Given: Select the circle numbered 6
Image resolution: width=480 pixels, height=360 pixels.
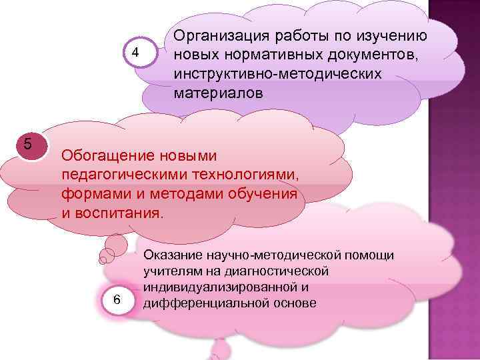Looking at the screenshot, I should click(117, 300).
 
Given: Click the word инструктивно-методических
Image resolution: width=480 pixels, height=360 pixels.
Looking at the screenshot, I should click(278, 73).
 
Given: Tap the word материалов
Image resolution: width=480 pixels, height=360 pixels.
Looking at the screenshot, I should click(219, 93).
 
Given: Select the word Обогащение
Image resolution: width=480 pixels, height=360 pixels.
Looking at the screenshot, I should click(107, 156).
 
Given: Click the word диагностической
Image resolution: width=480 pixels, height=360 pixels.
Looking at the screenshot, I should click(279, 271).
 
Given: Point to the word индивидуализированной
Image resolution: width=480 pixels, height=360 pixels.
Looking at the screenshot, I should click(219, 287).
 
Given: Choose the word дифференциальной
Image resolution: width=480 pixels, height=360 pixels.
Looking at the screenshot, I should click(203, 303).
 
